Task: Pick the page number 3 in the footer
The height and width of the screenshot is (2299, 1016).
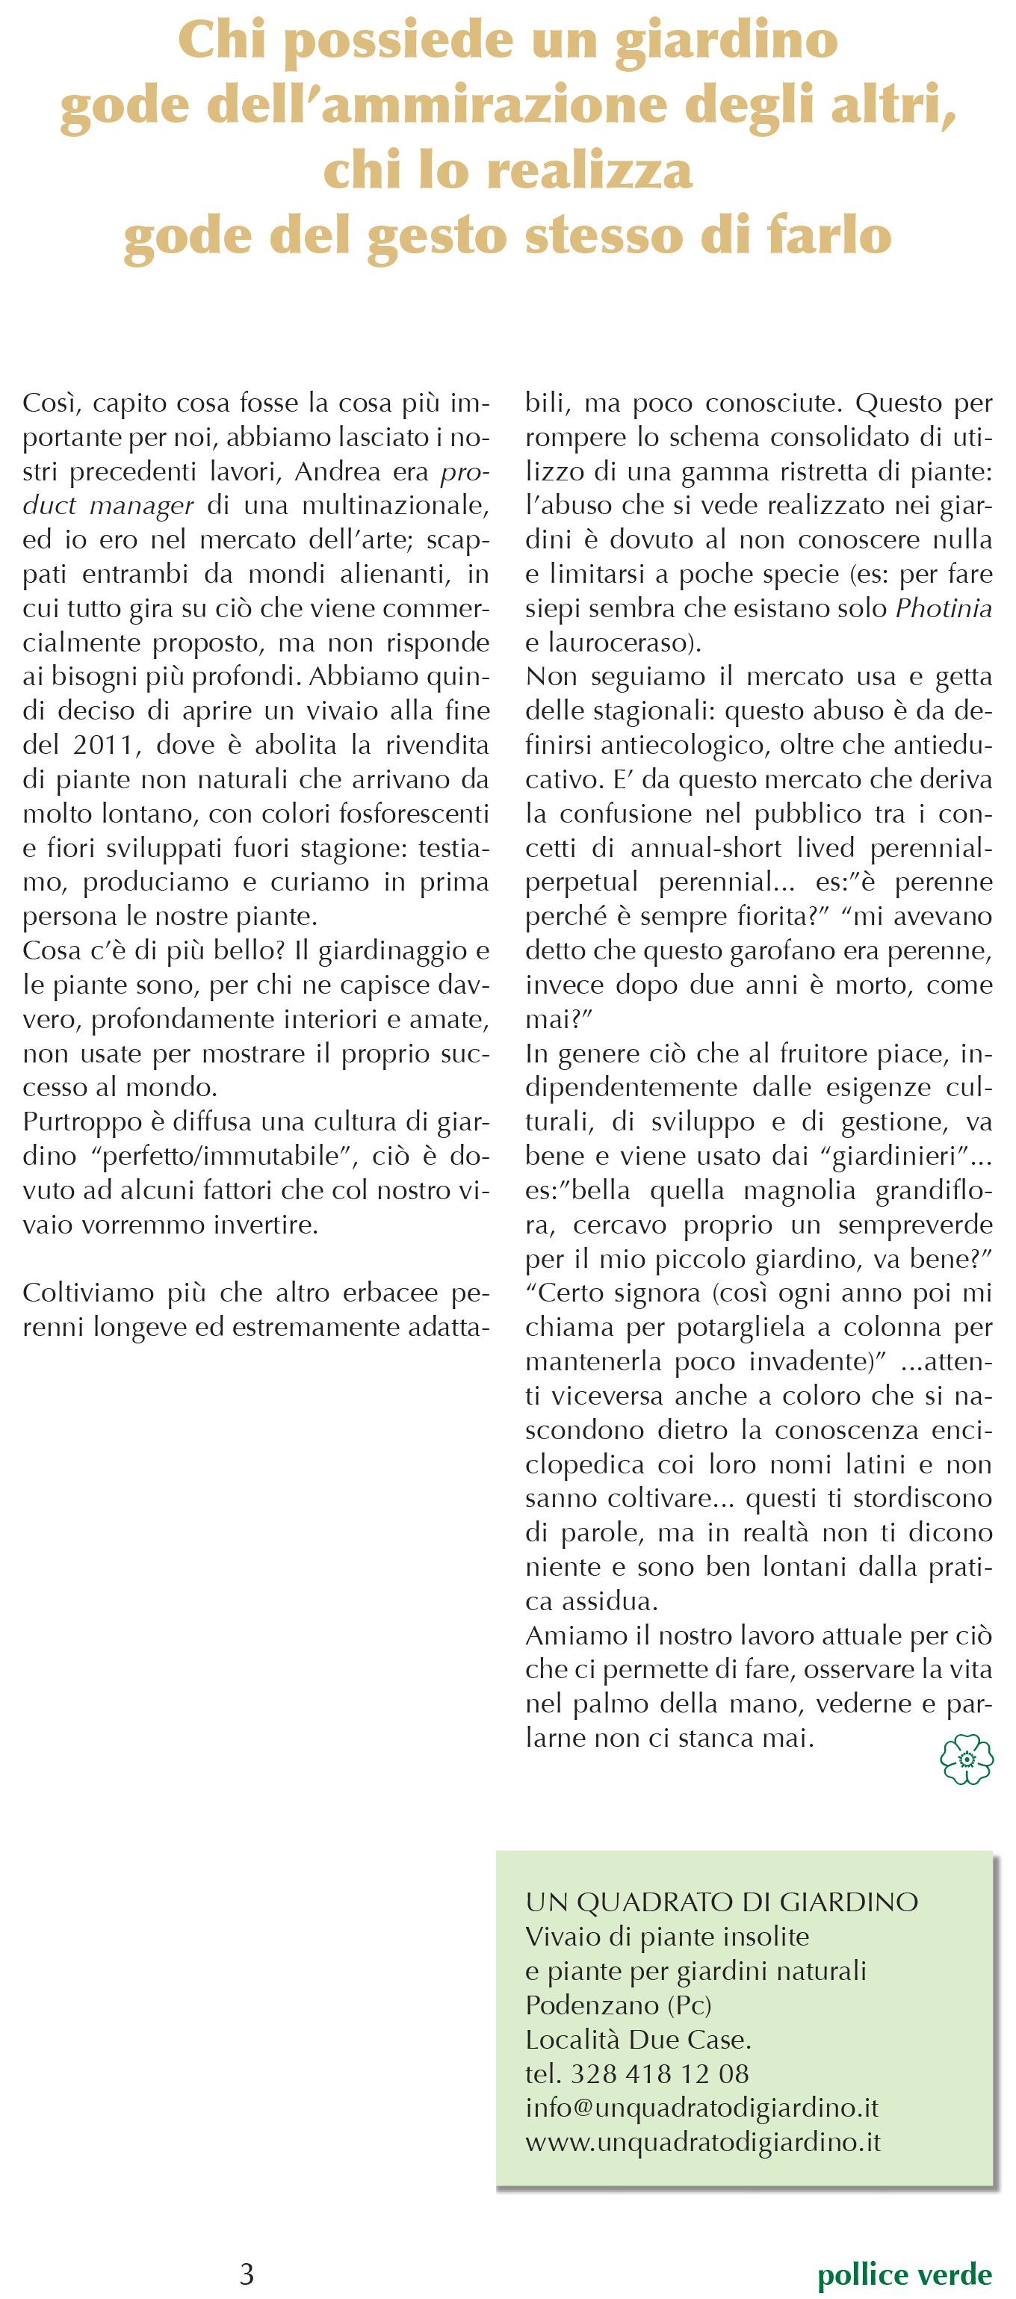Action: [247, 2272]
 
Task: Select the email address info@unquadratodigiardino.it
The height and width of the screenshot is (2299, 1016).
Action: [701, 2107]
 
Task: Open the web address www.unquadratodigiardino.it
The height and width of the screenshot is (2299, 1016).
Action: [702, 2142]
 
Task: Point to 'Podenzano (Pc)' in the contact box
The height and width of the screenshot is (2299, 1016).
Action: [618, 2005]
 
